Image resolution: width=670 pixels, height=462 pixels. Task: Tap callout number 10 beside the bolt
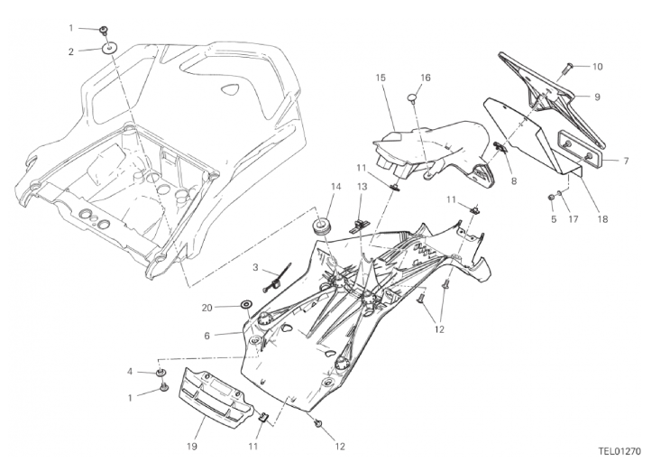[x=598, y=66]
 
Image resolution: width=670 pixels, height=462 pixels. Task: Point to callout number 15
[x=381, y=79]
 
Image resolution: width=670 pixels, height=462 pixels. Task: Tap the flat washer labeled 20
[x=246, y=307]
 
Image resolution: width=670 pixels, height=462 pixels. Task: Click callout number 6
[x=207, y=336]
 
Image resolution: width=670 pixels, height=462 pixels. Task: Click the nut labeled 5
[x=551, y=196]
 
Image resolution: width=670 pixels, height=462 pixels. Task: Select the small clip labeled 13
[x=361, y=220]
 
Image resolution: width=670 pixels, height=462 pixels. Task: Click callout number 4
[x=130, y=371]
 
